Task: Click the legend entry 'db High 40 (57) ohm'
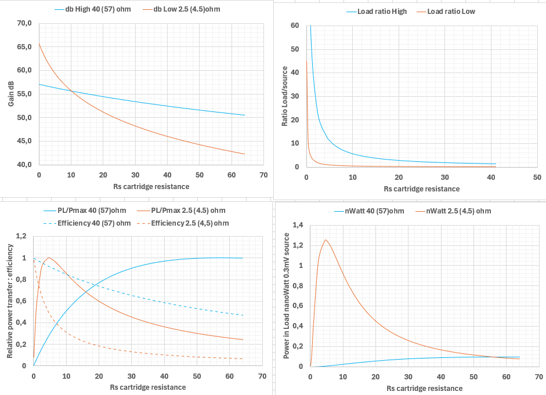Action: point(100,10)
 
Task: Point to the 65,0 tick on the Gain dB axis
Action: point(24,47)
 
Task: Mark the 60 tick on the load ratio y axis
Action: point(295,26)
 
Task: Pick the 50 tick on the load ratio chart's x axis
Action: point(537,177)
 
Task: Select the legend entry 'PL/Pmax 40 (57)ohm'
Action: point(86,211)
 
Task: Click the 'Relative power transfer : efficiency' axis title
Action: point(10,301)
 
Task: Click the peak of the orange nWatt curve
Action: point(326,240)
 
